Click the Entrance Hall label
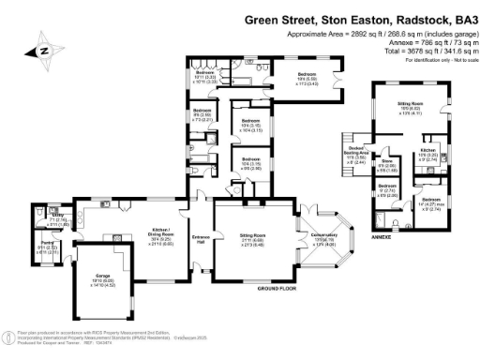pos(202,238)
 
